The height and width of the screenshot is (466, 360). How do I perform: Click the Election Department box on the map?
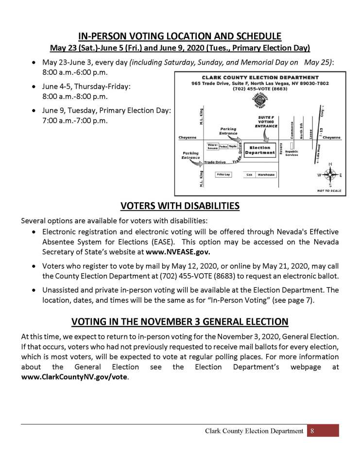259,150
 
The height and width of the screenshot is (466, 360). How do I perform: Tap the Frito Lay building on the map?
223,174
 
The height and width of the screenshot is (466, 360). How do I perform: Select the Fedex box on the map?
223,146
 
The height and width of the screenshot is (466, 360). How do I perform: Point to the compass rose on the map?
330,174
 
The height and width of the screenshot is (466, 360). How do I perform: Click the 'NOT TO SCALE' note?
329,191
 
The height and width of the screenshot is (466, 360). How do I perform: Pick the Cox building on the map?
250,174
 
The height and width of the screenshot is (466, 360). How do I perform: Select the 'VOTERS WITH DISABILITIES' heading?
180,206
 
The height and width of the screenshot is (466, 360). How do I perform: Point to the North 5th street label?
301,132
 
